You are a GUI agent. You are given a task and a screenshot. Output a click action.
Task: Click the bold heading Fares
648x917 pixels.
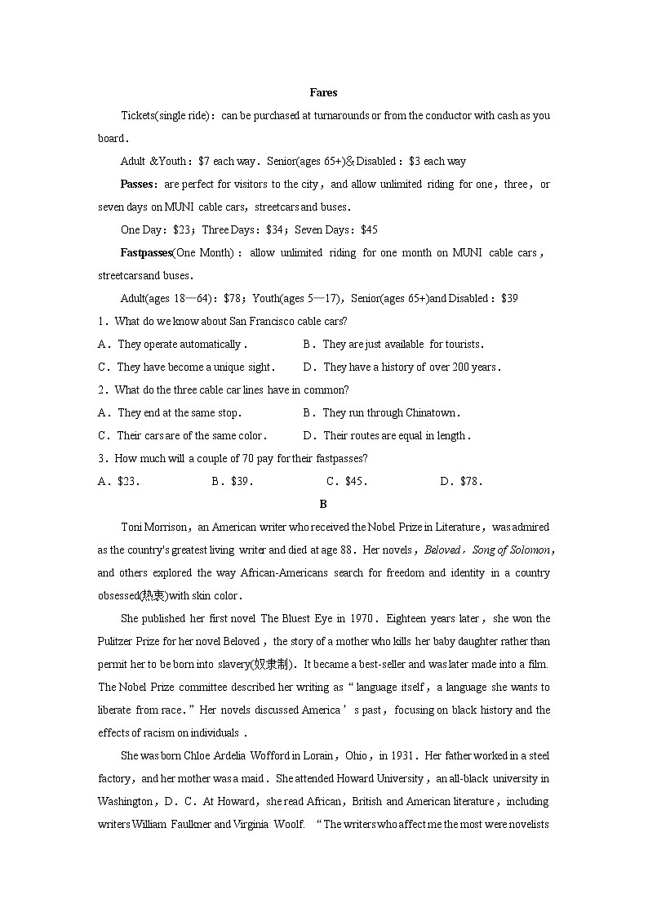coord(323,93)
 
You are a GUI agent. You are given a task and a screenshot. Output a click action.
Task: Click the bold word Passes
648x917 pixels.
coord(136,185)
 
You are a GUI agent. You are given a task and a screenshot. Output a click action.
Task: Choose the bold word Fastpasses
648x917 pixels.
coord(146,253)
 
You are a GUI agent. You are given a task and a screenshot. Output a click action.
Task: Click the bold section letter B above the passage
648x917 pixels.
coord(323,505)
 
